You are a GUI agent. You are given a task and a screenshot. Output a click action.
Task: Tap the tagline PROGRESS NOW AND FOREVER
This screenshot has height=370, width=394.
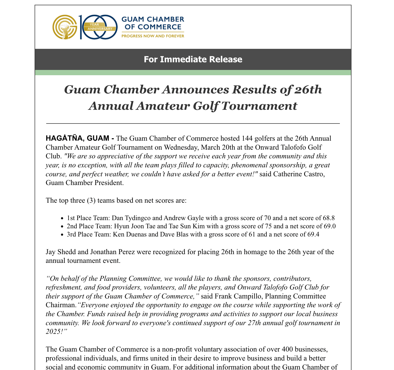coord(153,36)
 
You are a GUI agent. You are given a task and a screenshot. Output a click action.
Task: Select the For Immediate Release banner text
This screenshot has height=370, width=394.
coord(193,59)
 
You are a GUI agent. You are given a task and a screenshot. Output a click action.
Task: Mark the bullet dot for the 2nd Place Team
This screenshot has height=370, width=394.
coord(62,226)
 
